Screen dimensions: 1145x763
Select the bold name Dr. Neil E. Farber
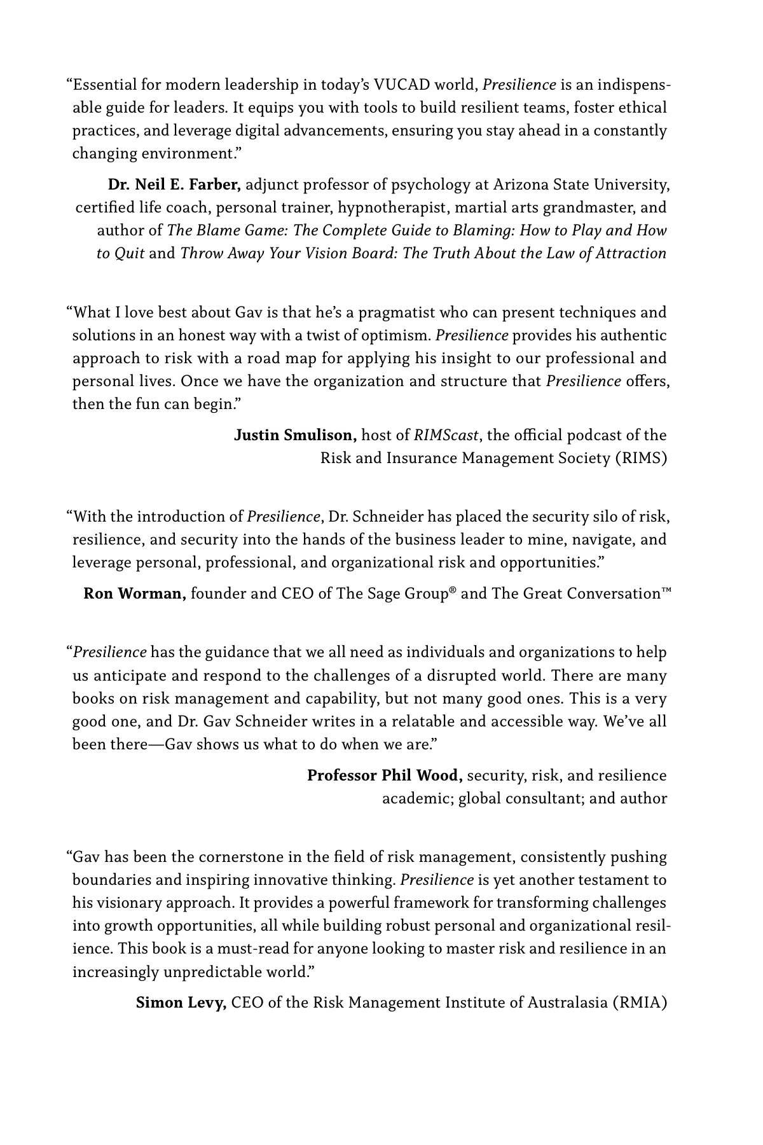(174, 185)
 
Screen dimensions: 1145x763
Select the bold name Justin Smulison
(296, 436)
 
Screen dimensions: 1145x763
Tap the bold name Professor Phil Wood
(385, 776)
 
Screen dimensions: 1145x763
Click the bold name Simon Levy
(182, 1003)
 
